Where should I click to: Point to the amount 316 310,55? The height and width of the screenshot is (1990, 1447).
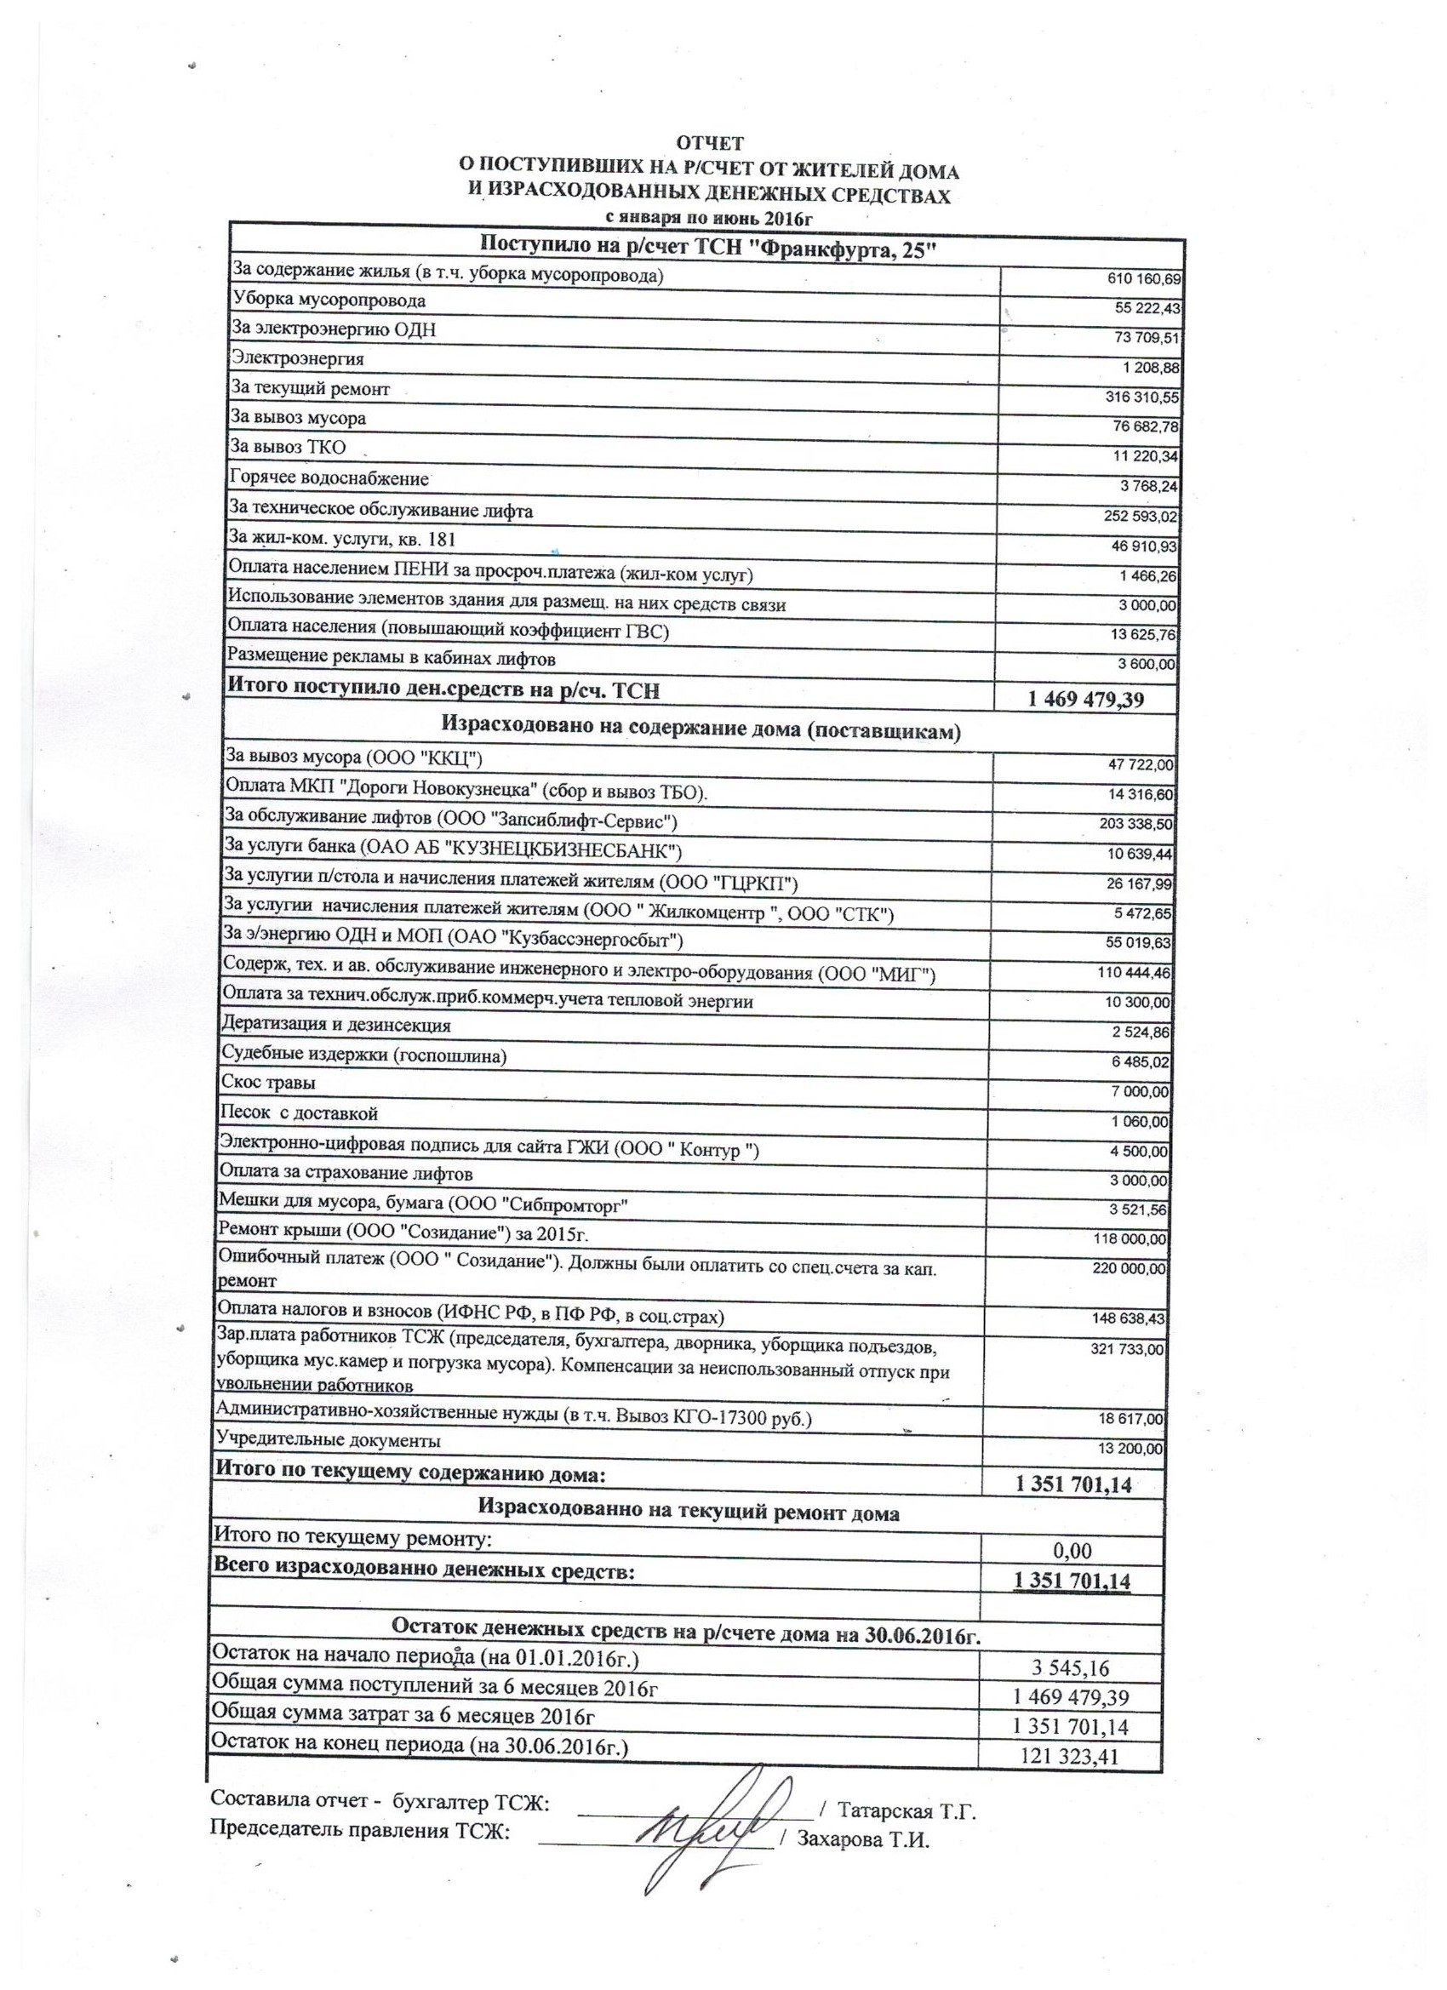1141,397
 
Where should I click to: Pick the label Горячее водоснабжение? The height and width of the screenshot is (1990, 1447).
329,479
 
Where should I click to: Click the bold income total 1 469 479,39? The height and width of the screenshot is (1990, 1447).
1086,700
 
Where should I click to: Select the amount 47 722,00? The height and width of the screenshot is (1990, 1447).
1141,765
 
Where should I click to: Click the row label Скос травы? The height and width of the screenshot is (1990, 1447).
267,1084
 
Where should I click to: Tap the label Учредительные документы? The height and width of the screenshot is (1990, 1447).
329,1441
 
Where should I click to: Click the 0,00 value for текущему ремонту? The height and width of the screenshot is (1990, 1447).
1072,1552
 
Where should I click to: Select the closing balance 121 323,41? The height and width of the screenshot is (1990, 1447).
1071,1756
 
